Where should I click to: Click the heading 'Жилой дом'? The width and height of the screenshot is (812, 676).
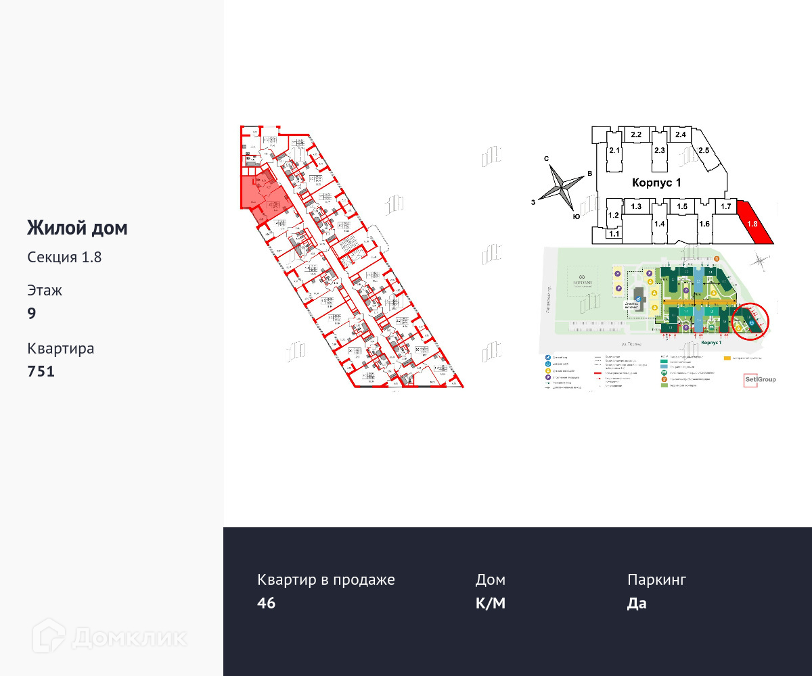pyautogui.click(x=77, y=228)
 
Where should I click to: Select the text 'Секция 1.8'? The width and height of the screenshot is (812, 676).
pyautogui.click(x=64, y=257)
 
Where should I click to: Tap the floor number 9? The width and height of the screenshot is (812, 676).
pyautogui.click(x=32, y=313)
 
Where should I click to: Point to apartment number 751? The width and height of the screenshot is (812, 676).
pyautogui.click(x=41, y=371)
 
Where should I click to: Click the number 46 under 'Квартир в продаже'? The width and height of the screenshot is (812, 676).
pyautogui.click(x=267, y=603)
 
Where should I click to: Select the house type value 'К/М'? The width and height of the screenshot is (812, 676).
pyautogui.click(x=490, y=603)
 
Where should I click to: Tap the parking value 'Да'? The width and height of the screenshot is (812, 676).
pyautogui.click(x=637, y=603)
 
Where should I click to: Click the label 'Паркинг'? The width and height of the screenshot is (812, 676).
pyautogui.click(x=656, y=579)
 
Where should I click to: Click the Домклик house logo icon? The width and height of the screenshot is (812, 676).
pyautogui.click(x=49, y=636)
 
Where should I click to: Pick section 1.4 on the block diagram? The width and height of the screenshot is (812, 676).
pyautogui.click(x=660, y=224)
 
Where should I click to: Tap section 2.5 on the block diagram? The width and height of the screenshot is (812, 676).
pyautogui.click(x=704, y=150)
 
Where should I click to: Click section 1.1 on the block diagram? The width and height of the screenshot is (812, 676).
pyautogui.click(x=614, y=234)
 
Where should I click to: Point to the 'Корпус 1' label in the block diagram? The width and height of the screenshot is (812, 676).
pyautogui.click(x=656, y=183)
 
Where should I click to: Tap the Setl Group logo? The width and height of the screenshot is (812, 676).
pyautogui.click(x=759, y=379)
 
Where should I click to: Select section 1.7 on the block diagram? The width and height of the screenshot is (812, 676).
pyautogui.click(x=726, y=206)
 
